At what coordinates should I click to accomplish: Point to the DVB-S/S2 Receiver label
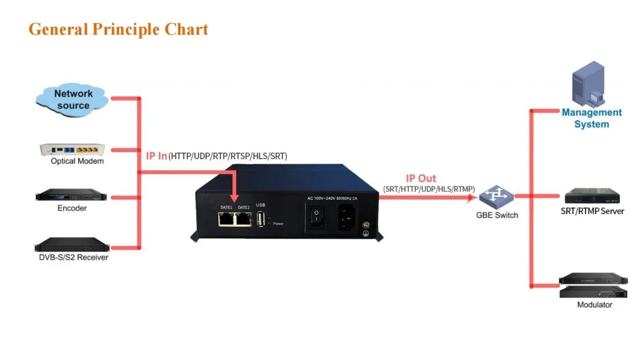pos(73,257)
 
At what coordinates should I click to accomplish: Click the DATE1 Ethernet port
pos(226,219)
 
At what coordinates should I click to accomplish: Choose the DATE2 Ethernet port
pos(243,219)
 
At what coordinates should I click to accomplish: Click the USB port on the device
pos(260,219)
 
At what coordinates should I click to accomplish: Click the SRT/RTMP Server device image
pos(592,196)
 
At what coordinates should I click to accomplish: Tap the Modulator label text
pos(594,304)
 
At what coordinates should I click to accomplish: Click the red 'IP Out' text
pos(421,178)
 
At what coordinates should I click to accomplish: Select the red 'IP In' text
pos(156,156)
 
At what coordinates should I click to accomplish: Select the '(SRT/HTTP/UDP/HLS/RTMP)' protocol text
pos(429,189)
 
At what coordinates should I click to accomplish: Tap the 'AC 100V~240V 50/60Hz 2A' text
pos(333,198)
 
